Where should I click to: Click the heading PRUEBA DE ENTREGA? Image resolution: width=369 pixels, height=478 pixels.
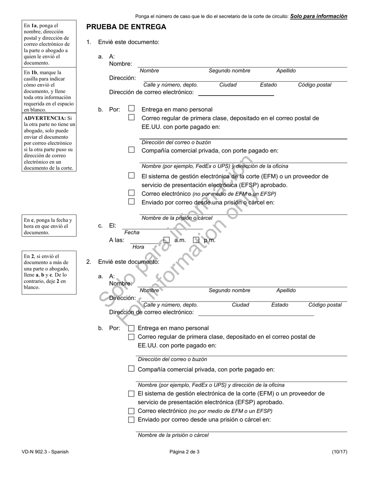click(x=126, y=27)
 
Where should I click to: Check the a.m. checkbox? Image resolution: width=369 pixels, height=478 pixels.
click(x=167, y=240)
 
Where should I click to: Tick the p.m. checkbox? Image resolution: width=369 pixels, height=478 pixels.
click(x=196, y=240)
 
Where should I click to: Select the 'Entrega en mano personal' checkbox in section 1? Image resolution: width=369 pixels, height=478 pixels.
click(x=132, y=109)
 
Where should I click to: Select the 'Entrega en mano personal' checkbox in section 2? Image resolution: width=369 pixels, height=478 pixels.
click(x=131, y=328)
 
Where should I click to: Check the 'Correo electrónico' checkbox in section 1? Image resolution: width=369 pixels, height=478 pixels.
click(x=132, y=193)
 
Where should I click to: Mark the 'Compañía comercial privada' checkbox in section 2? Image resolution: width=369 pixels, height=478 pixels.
click(x=131, y=369)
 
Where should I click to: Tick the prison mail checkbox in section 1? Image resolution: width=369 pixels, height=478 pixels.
click(x=132, y=202)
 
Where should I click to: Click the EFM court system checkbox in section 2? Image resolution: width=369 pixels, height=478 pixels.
click(x=131, y=394)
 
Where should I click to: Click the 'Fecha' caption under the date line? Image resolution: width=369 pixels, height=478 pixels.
click(x=132, y=232)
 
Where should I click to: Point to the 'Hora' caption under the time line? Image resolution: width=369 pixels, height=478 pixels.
click(x=138, y=247)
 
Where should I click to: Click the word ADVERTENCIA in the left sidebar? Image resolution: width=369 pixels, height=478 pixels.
click(x=45, y=118)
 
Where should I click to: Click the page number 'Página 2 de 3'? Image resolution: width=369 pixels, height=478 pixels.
click(x=184, y=452)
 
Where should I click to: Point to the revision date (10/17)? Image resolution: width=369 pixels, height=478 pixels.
click(x=339, y=452)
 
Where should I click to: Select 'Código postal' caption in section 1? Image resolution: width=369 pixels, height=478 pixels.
click(x=315, y=85)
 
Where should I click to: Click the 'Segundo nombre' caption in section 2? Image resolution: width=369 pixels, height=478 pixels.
click(x=230, y=290)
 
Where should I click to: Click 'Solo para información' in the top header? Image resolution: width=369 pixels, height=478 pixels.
click(x=319, y=16)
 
